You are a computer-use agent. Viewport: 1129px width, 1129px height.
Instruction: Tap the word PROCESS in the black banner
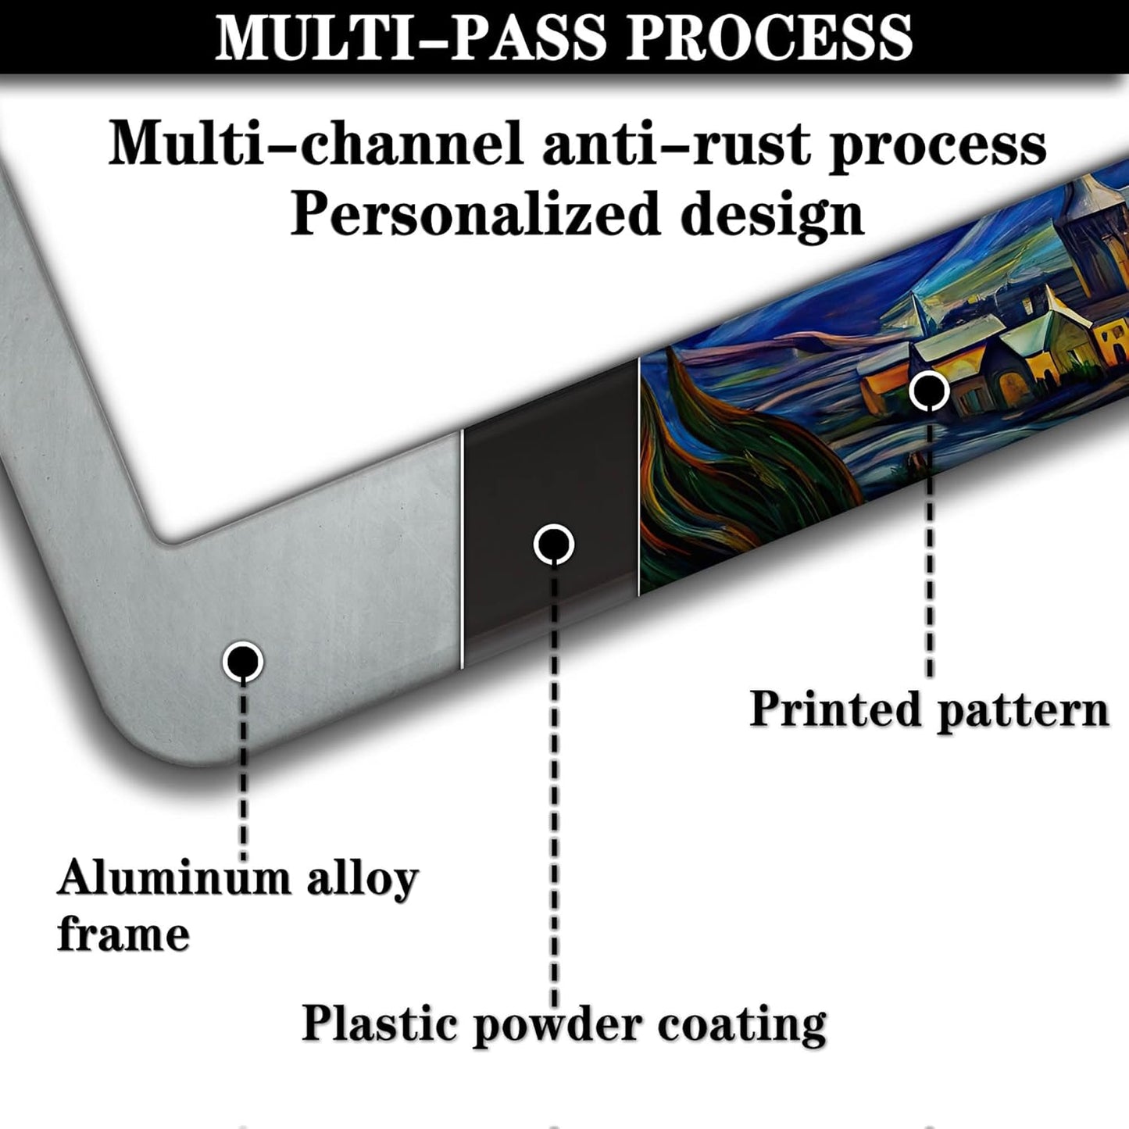click(x=770, y=38)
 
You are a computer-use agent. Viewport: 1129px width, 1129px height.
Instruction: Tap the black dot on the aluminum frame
click(x=242, y=662)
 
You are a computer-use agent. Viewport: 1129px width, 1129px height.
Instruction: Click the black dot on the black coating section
click(x=554, y=545)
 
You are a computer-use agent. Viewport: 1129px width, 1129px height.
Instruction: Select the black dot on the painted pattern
click(x=929, y=390)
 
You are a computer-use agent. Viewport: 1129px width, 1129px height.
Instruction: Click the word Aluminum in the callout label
click(x=174, y=877)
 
